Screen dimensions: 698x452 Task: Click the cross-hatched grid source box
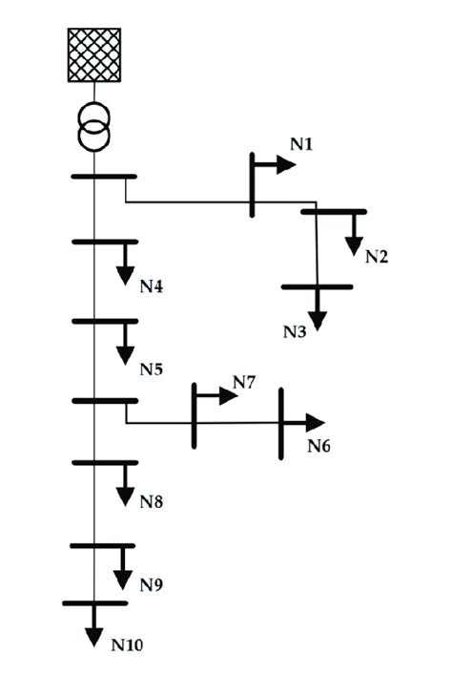pos(94,54)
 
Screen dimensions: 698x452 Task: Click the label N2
pos(377,256)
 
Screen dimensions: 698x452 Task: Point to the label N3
pos(294,331)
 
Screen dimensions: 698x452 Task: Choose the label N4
pos(153,286)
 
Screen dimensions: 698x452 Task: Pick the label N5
pos(153,369)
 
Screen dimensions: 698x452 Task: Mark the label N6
pos(319,446)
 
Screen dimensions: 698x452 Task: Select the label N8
pos(153,500)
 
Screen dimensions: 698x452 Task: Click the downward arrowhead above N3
pos(317,322)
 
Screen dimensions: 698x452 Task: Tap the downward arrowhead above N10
pos(93,638)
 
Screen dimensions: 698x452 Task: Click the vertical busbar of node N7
pos(195,415)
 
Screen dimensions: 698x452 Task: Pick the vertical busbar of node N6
pos(281,423)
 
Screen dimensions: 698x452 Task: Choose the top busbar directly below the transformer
pos(104,177)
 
